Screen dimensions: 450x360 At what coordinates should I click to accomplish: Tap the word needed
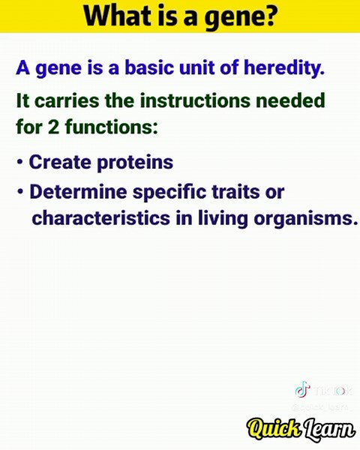pyautogui.click(x=292, y=101)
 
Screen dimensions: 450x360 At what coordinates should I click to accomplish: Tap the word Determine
pyautogui.click(x=78, y=192)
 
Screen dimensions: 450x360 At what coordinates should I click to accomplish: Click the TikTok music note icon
pyautogui.click(x=301, y=389)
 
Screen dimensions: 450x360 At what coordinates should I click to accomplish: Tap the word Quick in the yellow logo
pyautogui.click(x=273, y=428)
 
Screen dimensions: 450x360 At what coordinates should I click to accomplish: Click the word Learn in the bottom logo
pyautogui.click(x=328, y=428)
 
